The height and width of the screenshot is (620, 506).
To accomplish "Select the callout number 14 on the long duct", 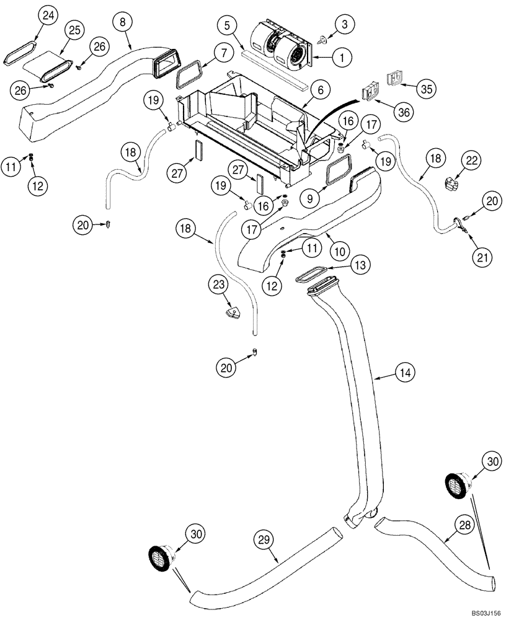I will [x=404, y=373].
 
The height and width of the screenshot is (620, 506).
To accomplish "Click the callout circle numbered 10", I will [x=339, y=250].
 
